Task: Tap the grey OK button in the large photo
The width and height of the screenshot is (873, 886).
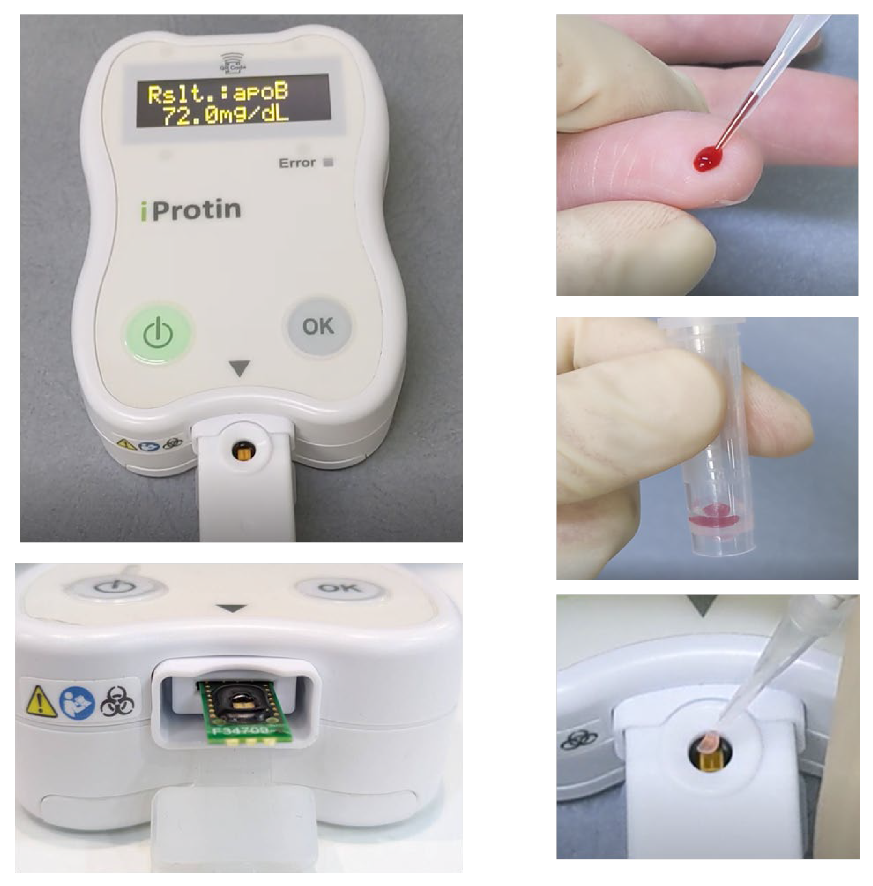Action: coord(319,326)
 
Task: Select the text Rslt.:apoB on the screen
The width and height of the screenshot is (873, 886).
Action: coord(218,93)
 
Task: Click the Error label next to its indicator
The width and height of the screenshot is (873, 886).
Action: coord(297,163)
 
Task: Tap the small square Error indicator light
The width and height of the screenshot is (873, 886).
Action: coord(328,162)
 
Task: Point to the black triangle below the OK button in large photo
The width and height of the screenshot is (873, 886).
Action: coord(239,367)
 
